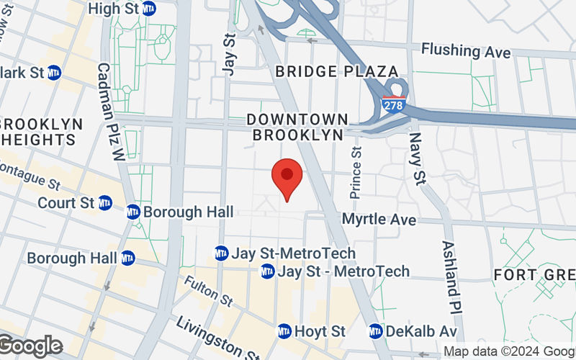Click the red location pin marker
(287, 178)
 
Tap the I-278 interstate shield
(393, 105)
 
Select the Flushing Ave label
(466, 52)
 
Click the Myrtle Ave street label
(379, 218)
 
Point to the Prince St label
(356, 173)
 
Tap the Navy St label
(415, 157)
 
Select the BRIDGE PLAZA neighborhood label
(337, 71)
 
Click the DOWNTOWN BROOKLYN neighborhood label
(297, 127)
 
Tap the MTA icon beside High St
(149, 9)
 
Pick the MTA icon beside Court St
(105, 203)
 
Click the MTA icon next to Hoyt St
(284, 331)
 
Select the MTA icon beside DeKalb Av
(376, 331)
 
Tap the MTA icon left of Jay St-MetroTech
(221, 253)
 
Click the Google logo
(30, 346)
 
